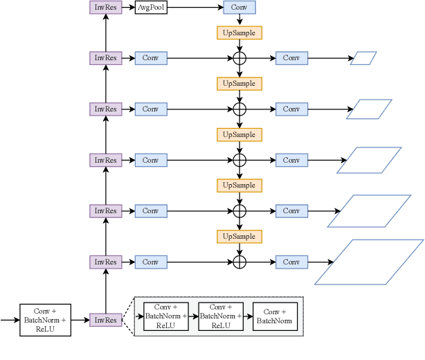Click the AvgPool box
pyautogui.click(x=151, y=8)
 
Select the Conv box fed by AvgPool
pyautogui.click(x=239, y=8)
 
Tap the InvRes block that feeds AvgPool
pyautogui.click(x=106, y=8)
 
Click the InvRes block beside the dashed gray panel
pyautogui.click(x=106, y=320)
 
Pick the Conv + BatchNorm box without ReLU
pyautogui.click(x=275, y=316)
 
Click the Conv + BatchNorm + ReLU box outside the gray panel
pyautogui.click(x=46, y=320)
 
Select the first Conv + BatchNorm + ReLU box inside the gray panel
pyautogui.click(x=165, y=316)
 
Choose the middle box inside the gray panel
pyautogui.click(x=220, y=316)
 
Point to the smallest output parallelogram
pyautogui.click(x=363, y=58)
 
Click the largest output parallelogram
pyautogui.click(x=370, y=262)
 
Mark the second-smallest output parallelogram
pyautogui.click(x=369, y=109)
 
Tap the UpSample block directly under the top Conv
pyautogui.click(x=239, y=33)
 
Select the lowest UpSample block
pyautogui.click(x=239, y=237)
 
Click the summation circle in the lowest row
pyautogui.click(x=239, y=262)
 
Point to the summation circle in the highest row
pyautogui.click(x=239, y=58)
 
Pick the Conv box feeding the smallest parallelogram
pyautogui.click(x=291, y=58)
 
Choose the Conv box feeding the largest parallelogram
pyautogui.click(x=291, y=262)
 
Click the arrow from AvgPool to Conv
pyautogui.click(x=195, y=8)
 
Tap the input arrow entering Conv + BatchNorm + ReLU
pyautogui.click(x=10, y=320)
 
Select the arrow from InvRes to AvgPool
pyautogui.click(x=128, y=8)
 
